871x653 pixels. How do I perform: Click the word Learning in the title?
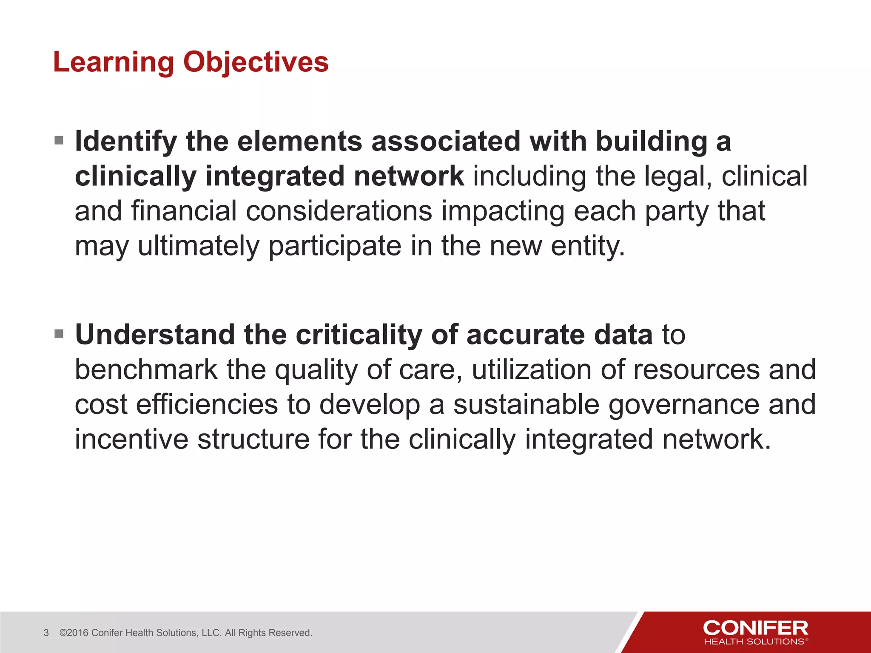(114, 62)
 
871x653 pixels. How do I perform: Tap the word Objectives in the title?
(256, 62)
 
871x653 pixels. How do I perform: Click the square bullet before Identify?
(59, 140)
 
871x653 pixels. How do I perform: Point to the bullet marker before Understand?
(59, 334)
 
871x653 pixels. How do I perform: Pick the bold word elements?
(299, 142)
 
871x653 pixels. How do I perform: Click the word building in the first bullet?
(651, 142)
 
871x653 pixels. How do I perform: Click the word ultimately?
(198, 246)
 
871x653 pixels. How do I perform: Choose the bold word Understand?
(155, 335)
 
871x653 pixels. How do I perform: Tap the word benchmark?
(146, 370)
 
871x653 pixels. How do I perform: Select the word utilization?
(531, 370)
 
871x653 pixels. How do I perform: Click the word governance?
(683, 405)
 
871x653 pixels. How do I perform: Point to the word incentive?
(131, 440)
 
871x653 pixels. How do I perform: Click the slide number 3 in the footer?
(46, 633)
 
